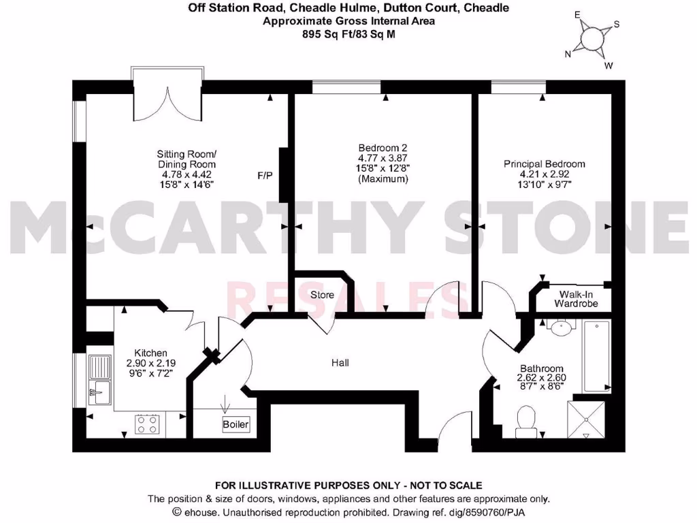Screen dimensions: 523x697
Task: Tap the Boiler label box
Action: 236,424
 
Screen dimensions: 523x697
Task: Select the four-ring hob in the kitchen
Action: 147,425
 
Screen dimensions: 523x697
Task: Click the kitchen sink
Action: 101,379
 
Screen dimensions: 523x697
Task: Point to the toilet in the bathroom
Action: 526,421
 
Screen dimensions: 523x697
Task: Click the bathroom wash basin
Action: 560,328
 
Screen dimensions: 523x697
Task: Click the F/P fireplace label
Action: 265,175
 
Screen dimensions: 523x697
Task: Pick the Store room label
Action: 322,295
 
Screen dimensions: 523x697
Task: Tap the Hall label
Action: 340,363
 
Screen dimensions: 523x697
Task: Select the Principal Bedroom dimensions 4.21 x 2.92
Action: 544,175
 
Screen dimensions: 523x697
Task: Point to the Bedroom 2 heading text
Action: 382,148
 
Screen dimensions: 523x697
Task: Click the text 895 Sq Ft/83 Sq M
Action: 348,32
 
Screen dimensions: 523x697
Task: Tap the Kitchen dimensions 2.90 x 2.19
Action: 150,364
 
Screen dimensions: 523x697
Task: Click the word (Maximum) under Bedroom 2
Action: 382,179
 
